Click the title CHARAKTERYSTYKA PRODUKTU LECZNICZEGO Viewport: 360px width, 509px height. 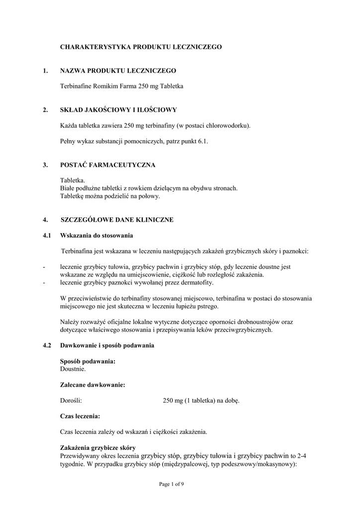[x=141, y=47]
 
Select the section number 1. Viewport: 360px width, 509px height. [x=45, y=71]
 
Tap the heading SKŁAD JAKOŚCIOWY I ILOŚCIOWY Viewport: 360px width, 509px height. [x=118, y=110]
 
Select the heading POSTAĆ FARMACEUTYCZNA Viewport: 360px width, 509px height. [x=108, y=165]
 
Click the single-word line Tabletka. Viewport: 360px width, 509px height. [x=73, y=180]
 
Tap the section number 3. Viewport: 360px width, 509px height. [x=45, y=165]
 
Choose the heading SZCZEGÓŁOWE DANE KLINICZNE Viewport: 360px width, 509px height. [x=117, y=220]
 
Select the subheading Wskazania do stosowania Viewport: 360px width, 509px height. [x=96, y=235]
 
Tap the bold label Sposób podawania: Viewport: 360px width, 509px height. [x=88, y=361]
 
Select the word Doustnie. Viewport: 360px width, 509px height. [x=73, y=369]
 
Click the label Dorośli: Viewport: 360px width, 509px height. [x=71, y=401]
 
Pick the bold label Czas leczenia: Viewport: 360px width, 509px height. [x=80, y=416]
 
